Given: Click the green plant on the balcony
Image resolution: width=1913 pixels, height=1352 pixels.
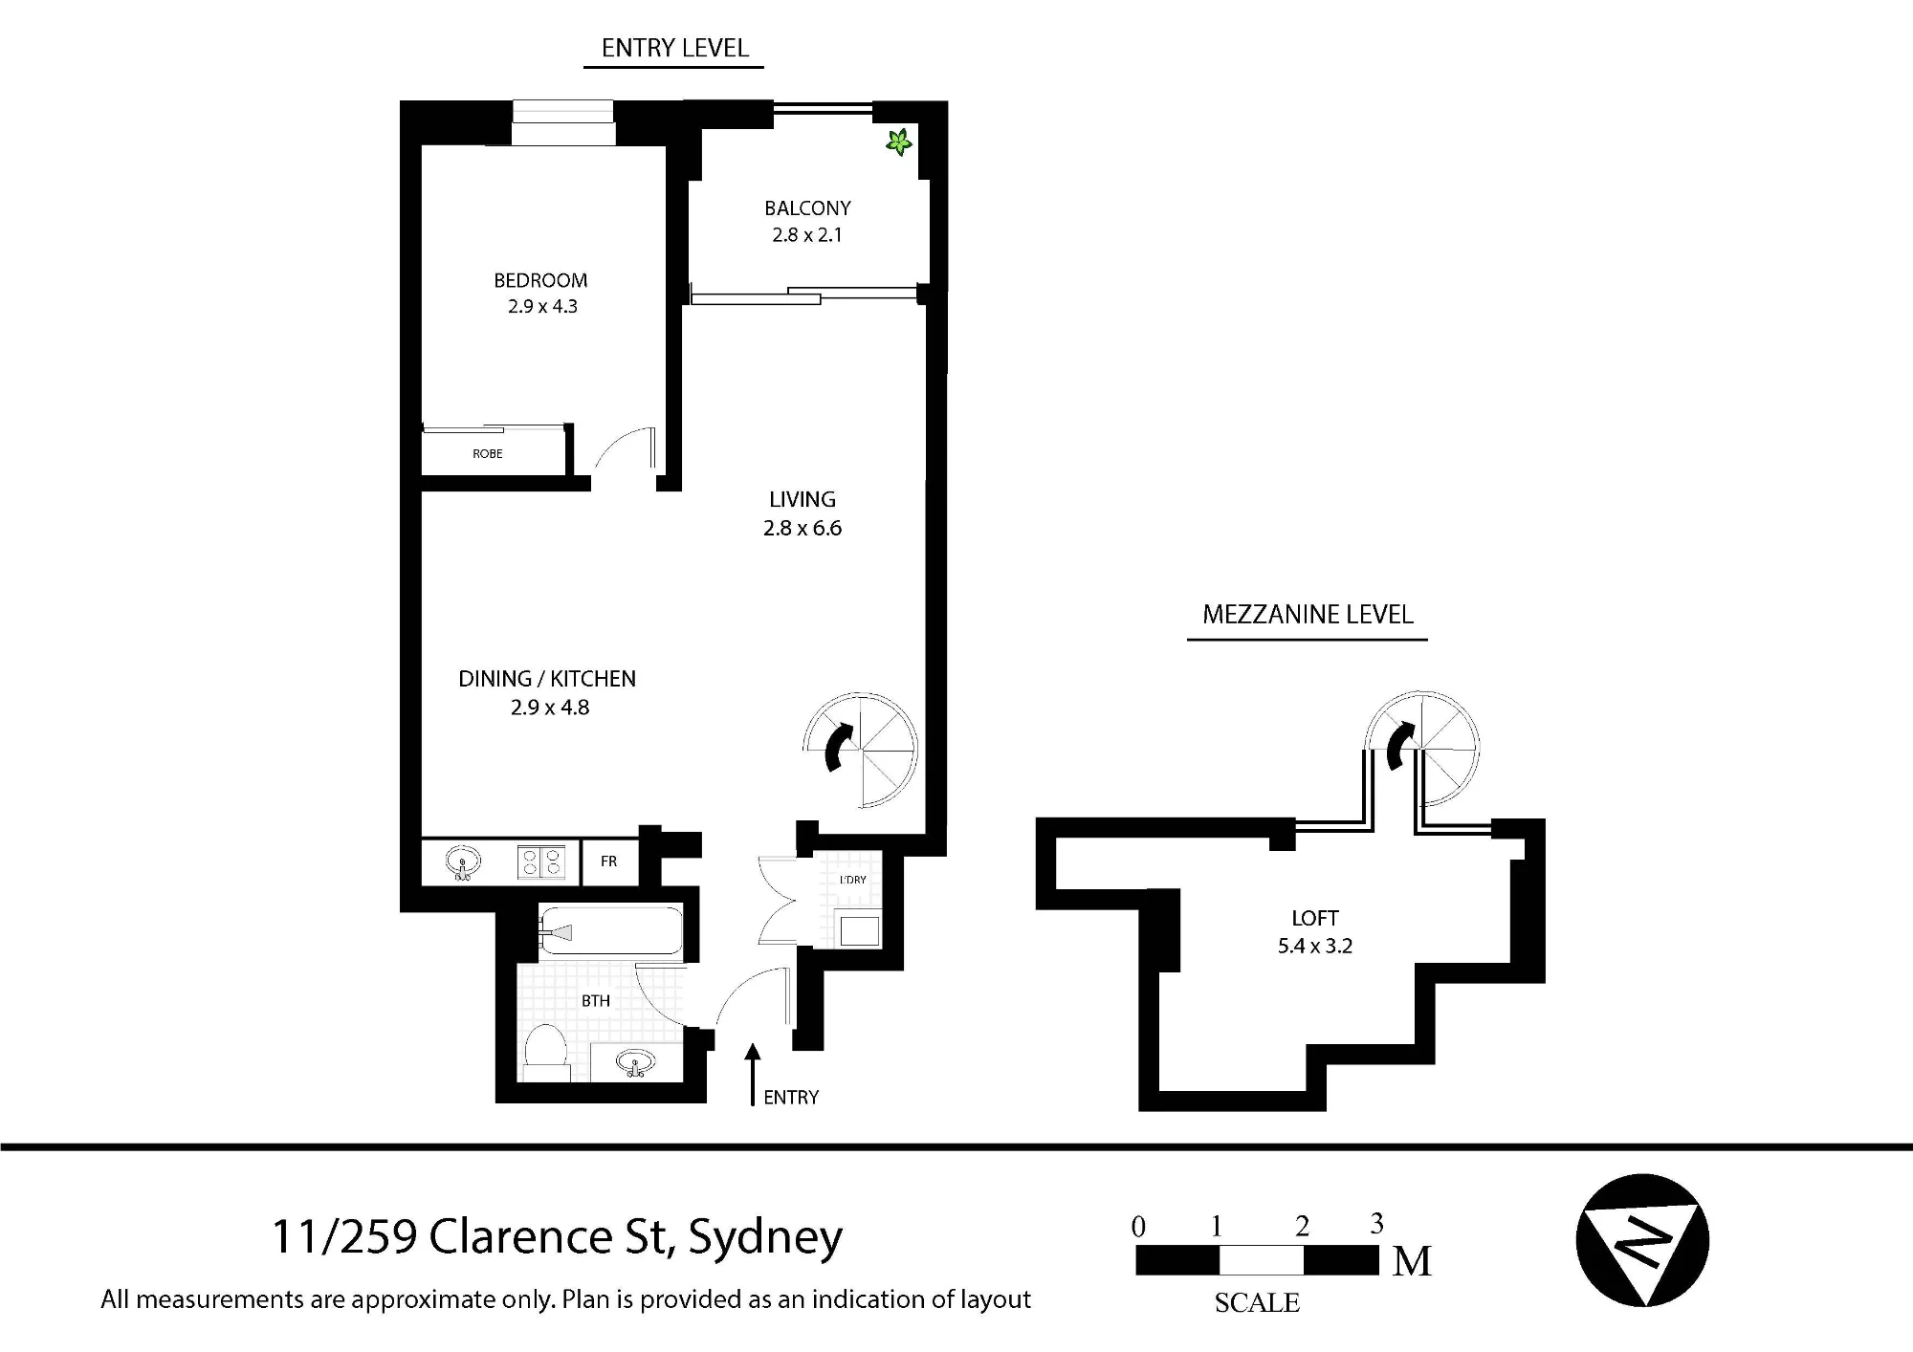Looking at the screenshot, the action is tap(898, 142).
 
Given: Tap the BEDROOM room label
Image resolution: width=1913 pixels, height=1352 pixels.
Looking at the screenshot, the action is tap(540, 280).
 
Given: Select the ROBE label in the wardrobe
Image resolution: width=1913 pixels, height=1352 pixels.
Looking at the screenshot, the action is tap(488, 453).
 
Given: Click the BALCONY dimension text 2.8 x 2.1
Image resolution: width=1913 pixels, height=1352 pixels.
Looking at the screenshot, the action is tap(807, 235).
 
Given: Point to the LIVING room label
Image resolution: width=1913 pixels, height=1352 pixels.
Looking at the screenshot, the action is tap(803, 499).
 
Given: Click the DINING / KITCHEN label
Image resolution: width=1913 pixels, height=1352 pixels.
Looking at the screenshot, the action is tap(547, 679).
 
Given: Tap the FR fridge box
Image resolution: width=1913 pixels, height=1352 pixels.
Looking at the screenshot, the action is tap(609, 861).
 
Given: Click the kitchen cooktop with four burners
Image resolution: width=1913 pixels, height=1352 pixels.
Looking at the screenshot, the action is tap(541, 862).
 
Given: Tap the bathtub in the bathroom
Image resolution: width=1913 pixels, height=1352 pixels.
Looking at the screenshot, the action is tap(610, 930).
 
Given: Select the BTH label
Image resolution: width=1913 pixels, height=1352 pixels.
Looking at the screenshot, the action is tap(596, 1001).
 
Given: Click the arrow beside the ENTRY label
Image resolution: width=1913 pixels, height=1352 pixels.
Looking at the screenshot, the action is tap(753, 1075).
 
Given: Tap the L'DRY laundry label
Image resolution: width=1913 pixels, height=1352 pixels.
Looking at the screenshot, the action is tap(853, 880).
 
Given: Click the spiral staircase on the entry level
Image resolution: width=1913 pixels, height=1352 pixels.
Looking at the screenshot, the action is tap(861, 750).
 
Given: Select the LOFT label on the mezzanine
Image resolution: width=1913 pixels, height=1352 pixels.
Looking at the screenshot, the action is tap(1315, 919).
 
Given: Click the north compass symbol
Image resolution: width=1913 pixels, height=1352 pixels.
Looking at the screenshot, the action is tap(1642, 1240).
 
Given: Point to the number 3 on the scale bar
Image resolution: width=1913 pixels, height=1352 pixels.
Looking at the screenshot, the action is tap(1376, 1224).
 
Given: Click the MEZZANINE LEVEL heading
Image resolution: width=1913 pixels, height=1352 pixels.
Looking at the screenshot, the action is tap(1308, 615).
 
